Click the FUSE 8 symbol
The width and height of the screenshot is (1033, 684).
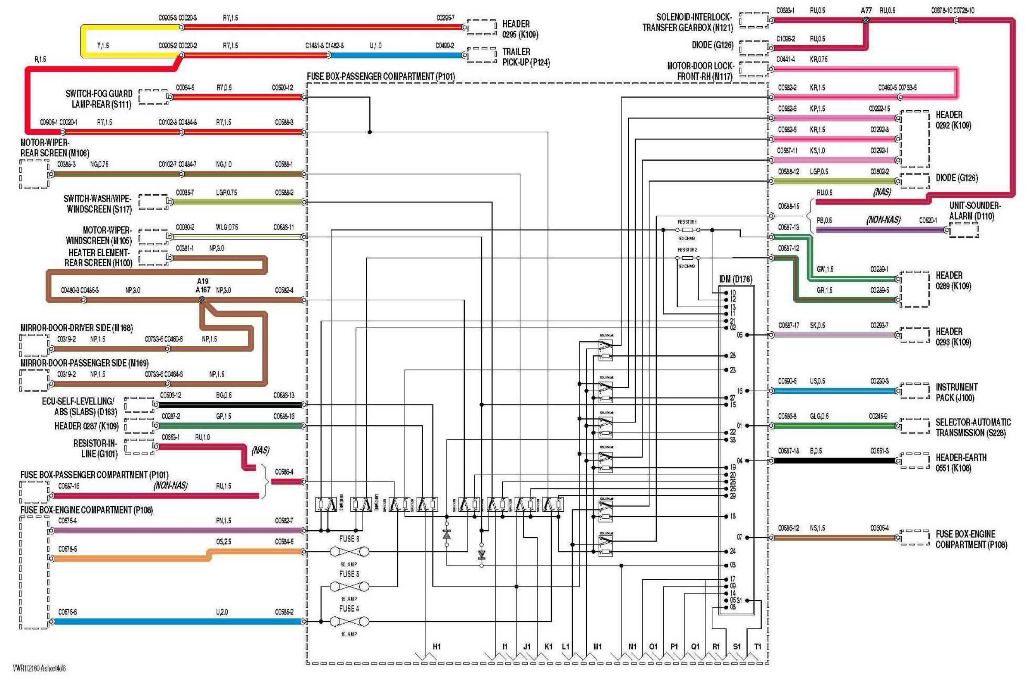coord(349,552)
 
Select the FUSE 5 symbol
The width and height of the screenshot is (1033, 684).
coord(349,587)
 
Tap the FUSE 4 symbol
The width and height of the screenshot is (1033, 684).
coord(349,621)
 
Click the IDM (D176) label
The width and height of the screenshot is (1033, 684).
coord(735,279)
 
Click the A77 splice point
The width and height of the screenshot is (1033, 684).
coord(866,20)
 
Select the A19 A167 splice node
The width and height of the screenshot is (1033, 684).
coord(202,300)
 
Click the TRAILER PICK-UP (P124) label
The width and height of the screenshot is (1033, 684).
coord(526,57)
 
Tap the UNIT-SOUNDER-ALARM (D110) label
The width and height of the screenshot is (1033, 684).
coord(975,211)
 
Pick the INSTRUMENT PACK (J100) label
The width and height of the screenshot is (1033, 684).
coord(957,392)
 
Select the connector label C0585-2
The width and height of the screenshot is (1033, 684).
coord(284,612)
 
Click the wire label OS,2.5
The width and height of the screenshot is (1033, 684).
coord(223,541)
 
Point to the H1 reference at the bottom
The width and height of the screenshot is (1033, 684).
coord(437,647)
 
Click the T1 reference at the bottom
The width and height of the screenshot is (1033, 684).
coord(758,647)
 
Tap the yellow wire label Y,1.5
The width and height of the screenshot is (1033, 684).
coord(103,45)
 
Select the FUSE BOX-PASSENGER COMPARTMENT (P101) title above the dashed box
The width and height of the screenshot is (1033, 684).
coord(380,77)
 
